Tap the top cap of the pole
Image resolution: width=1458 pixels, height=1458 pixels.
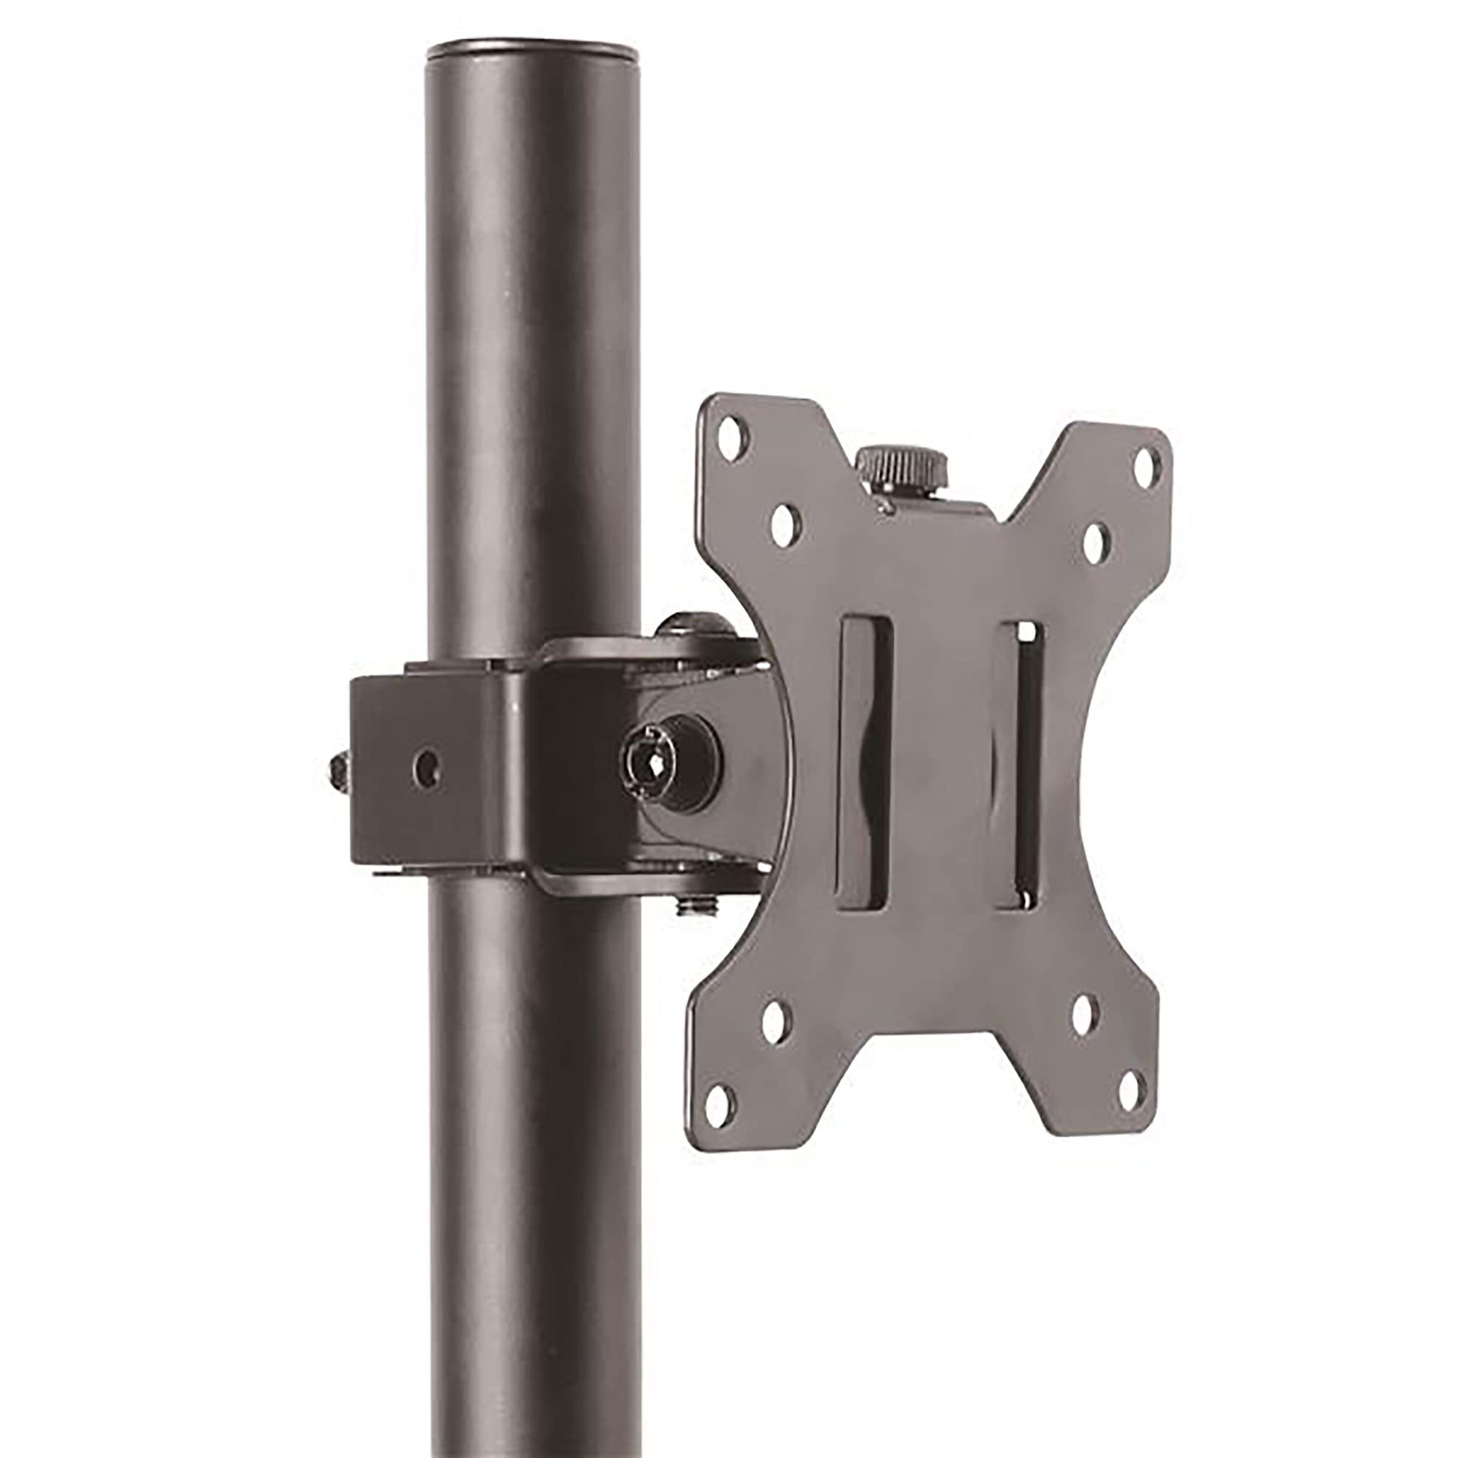(x=533, y=55)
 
